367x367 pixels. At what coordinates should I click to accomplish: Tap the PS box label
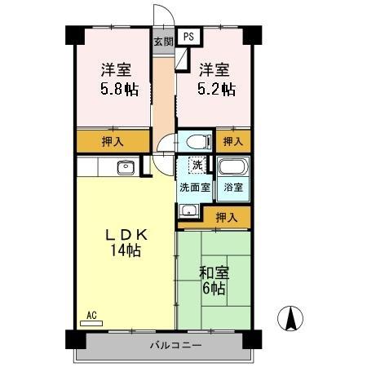coord(188,37)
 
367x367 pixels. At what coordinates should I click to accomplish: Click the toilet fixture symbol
coord(195,141)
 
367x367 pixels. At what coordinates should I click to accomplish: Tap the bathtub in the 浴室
coord(232,169)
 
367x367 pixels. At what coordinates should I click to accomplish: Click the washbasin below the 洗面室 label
coord(190,210)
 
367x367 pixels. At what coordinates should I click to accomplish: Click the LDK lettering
coord(127,235)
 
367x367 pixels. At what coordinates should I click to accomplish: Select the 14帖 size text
coord(127,251)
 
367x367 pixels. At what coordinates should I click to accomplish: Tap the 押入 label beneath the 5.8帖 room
coord(114,141)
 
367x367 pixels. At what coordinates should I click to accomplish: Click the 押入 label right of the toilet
coord(233,141)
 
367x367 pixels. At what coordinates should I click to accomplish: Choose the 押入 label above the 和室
coord(227,217)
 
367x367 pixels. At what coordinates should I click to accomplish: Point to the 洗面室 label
coord(195,187)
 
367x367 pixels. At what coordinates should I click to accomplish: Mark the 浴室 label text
coord(233,187)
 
